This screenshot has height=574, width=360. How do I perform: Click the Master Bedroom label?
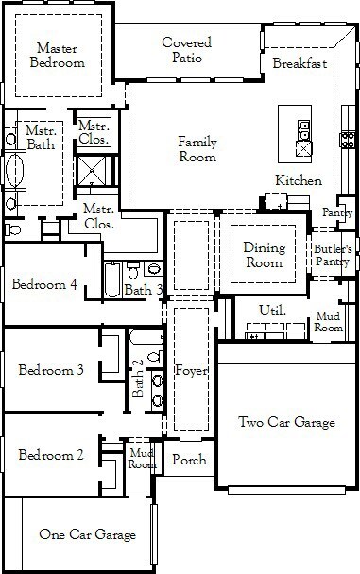tap(58, 56)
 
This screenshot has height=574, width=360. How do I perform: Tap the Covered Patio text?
tap(187, 50)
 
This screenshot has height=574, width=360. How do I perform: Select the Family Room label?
tap(197, 149)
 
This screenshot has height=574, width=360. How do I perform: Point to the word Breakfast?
tap(300, 63)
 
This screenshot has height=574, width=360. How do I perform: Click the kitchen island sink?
tap(304, 130)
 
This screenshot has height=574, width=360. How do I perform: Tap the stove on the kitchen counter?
tap(348, 140)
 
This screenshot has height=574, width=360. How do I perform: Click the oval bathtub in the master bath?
tap(15, 171)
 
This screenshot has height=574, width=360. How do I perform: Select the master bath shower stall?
tap(92, 171)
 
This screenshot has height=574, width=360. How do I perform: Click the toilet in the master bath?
tap(12, 230)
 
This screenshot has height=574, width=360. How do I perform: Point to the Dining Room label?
tap(264, 255)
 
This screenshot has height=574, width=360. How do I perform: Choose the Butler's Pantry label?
tap(333, 255)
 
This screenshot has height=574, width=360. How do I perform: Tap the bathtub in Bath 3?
tap(112, 280)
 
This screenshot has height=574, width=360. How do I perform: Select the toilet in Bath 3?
tap(133, 270)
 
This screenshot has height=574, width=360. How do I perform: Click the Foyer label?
tap(191, 370)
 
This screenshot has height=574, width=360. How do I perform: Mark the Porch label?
tap(189, 460)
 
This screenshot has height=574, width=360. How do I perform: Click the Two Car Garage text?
tap(286, 422)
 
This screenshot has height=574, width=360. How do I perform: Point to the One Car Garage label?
tap(88, 534)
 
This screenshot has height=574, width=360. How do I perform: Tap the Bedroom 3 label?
tap(51, 370)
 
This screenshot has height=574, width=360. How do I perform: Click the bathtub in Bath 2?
tap(146, 337)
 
